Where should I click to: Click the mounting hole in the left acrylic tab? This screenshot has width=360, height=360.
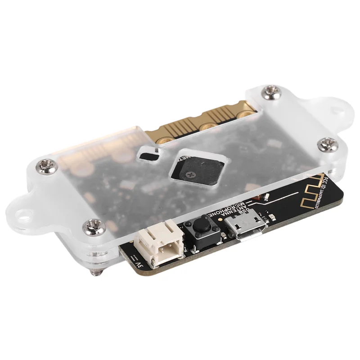(22, 209)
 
